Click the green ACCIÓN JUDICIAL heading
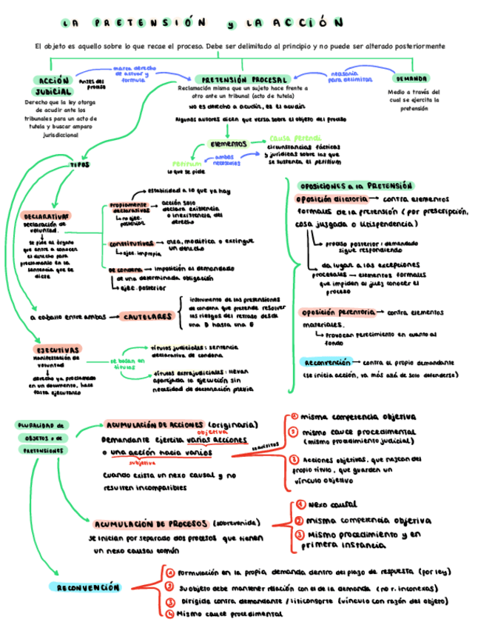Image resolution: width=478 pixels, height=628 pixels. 53,85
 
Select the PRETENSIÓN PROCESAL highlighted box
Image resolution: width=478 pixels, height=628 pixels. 243,78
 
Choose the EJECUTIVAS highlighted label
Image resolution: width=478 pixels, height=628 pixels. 57,349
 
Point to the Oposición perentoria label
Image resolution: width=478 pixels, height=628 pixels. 335,312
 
